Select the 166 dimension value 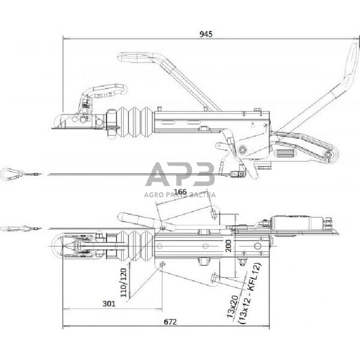179,192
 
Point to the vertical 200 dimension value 228,245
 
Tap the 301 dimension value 109,304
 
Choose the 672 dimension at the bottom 170,322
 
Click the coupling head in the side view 72,117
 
